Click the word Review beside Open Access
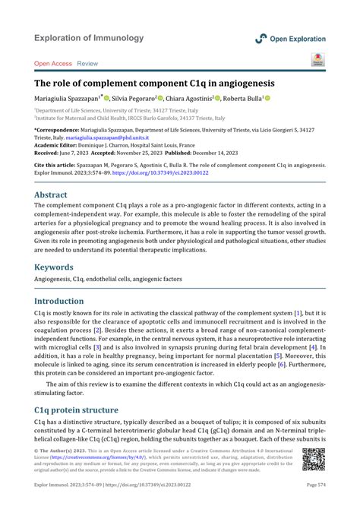click(x=87, y=64)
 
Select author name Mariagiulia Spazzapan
click(x=66, y=99)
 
